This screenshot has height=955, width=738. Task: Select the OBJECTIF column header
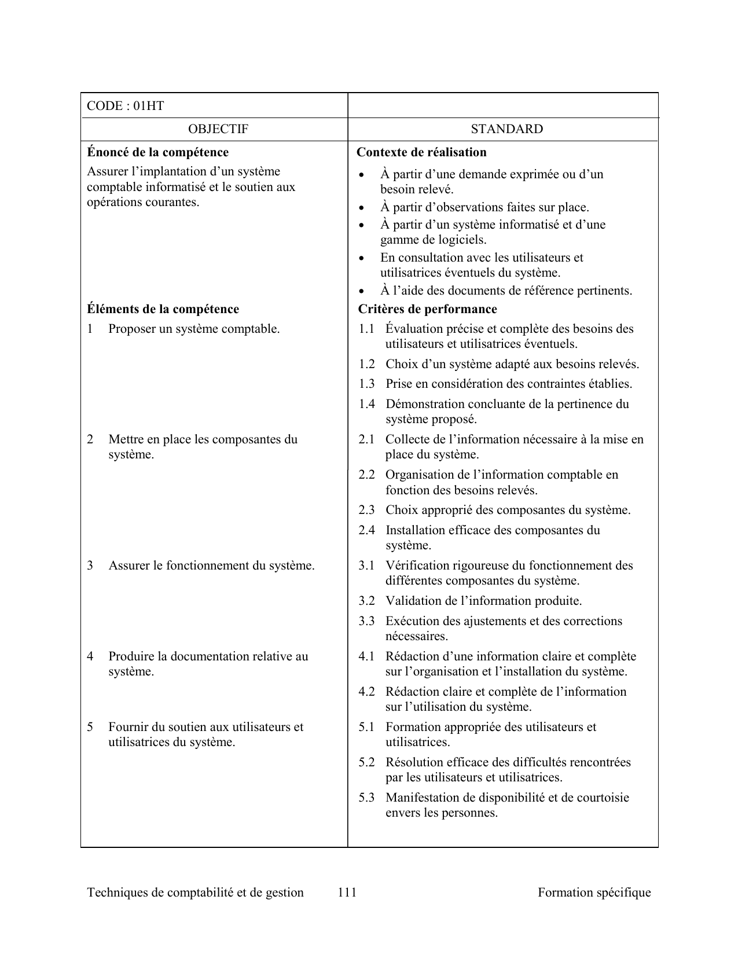coord(218,129)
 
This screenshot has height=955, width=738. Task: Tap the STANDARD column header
coord(506,129)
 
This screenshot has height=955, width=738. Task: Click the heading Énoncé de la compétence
coord(157,152)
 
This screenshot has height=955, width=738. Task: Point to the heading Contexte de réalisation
coord(421,152)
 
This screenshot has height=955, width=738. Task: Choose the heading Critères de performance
coord(427,309)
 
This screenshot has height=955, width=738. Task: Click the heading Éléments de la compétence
coord(163,309)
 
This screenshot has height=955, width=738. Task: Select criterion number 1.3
coord(366,384)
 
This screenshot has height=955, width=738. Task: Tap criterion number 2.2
coord(366,475)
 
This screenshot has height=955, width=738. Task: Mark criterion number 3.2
coord(366,601)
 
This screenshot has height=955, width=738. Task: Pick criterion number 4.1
coord(366,656)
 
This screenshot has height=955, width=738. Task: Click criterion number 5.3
coord(366,798)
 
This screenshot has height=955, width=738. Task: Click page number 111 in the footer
coord(347,892)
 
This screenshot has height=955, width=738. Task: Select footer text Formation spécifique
coord(594,892)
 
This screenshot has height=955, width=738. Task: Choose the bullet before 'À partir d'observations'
coord(362,208)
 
